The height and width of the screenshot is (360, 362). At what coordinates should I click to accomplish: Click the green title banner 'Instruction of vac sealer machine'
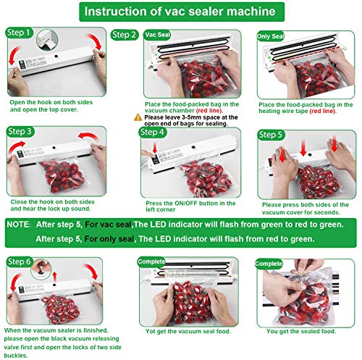182,13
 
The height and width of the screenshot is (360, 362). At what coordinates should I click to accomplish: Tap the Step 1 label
20,33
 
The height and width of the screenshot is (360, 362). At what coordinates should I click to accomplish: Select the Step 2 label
124,34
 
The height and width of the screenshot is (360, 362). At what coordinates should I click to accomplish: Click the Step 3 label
20,132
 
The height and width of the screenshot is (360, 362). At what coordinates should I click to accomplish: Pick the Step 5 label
271,134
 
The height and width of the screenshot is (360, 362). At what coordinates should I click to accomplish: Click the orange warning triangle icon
137,116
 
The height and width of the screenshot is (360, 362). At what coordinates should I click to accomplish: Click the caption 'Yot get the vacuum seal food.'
182,332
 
